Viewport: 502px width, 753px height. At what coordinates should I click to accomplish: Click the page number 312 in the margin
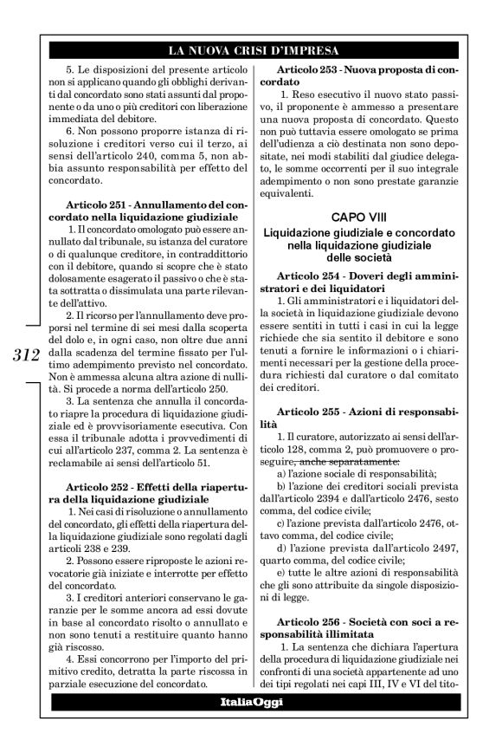[x=28, y=354]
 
